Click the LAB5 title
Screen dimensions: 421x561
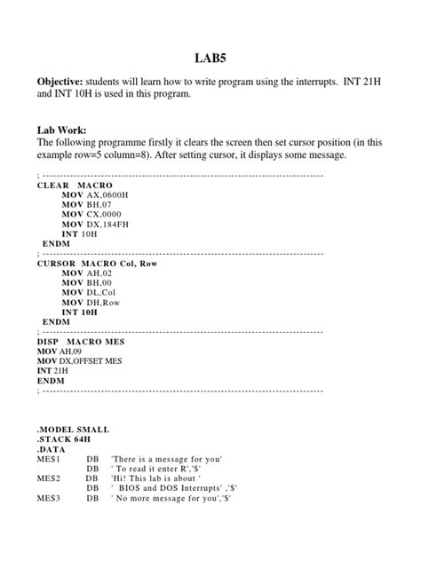[210, 57]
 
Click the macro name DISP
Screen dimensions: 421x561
[49, 342]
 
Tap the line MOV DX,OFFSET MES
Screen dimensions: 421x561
[83, 364]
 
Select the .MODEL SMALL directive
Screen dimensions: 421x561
[76, 428]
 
